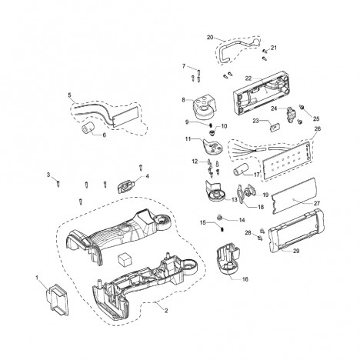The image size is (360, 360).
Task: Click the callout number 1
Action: pos(37,278)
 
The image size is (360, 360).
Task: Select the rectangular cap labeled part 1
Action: pos(58,298)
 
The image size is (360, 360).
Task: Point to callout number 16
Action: pos(245,279)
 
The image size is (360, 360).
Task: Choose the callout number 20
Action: pos(210,38)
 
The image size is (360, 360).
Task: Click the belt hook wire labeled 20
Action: pos(236,50)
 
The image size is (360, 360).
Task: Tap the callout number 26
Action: pos(318,128)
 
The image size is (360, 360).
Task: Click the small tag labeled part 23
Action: pos(275,127)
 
